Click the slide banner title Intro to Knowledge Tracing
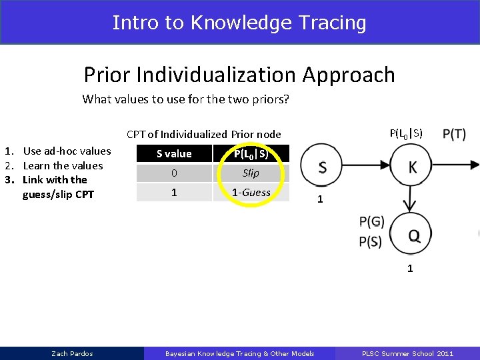(x=239, y=23)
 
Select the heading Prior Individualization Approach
(x=239, y=75)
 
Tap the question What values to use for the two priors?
(x=185, y=99)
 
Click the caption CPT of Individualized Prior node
(x=203, y=134)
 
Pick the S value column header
(x=174, y=154)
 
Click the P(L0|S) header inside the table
(x=251, y=154)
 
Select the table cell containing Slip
(x=251, y=173)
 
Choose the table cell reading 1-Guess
(x=251, y=192)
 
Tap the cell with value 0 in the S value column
(x=174, y=173)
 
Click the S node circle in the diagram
(x=322, y=167)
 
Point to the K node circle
(x=412, y=167)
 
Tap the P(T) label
(x=454, y=134)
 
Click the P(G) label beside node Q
(x=371, y=221)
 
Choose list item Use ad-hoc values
(x=67, y=151)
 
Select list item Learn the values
(x=63, y=165)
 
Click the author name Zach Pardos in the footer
(x=72, y=353)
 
